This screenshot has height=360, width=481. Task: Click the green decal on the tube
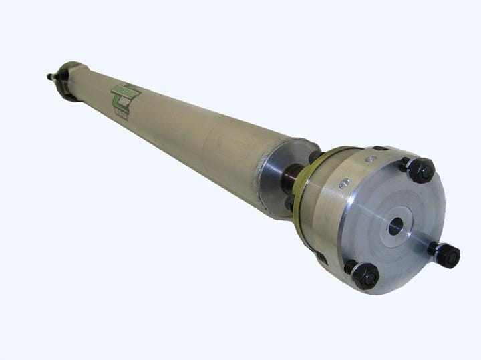coord(126,98)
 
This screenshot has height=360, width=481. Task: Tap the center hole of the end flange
coord(395,226)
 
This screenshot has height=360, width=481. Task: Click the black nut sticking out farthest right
coord(447,255)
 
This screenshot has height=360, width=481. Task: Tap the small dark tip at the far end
coord(49,77)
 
